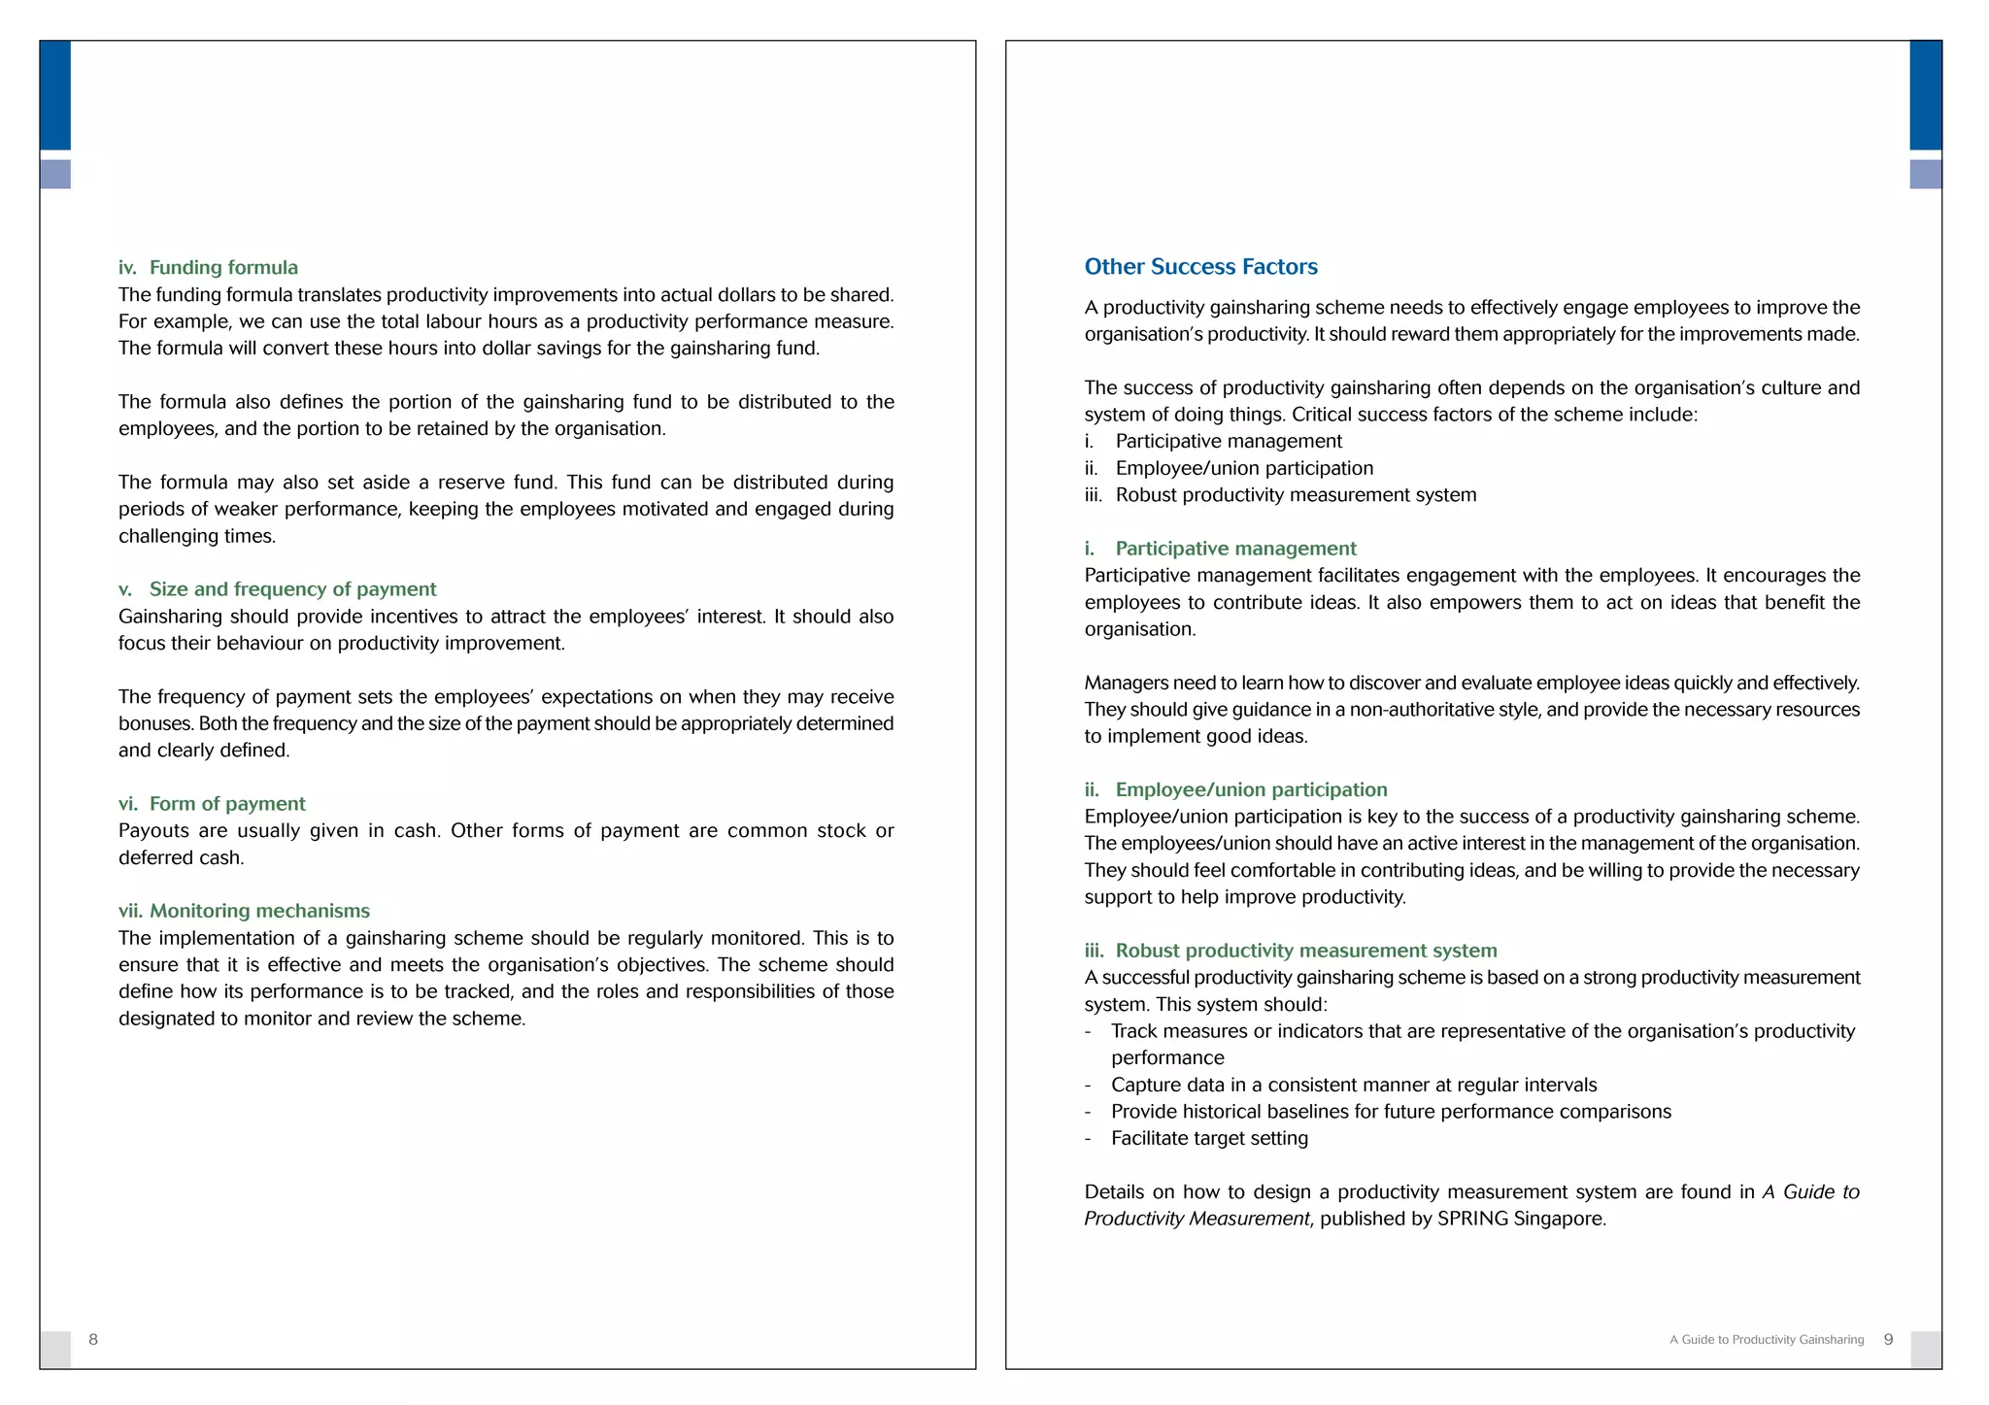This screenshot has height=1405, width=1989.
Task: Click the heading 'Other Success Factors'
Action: (x=1200, y=267)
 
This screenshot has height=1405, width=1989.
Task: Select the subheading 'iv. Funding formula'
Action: (x=209, y=268)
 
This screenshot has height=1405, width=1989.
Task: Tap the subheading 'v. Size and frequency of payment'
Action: (x=278, y=589)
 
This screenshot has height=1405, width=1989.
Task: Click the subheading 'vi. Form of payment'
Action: (x=212, y=804)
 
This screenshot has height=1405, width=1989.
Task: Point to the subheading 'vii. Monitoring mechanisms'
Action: (x=244, y=911)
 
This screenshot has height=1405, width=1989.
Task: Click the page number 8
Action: (x=93, y=1340)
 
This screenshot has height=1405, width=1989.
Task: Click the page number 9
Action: (x=1888, y=1340)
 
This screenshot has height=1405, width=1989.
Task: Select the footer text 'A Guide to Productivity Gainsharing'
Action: (x=1767, y=1340)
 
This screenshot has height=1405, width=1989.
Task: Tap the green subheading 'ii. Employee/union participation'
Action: (x=1236, y=790)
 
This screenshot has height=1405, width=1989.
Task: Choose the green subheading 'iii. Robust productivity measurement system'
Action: (x=1291, y=951)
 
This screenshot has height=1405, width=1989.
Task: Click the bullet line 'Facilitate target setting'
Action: (x=1209, y=1139)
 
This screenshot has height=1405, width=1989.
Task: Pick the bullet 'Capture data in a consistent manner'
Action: (x=1353, y=1086)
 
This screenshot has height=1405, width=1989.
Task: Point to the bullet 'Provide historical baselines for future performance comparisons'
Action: (x=1391, y=1112)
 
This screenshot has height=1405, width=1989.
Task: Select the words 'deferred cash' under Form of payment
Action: (x=180, y=858)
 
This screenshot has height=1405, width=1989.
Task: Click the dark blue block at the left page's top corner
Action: (x=55, y=95)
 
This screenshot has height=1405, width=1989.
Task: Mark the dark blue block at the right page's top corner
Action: (x=1926, y=95)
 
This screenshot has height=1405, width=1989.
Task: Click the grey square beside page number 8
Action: (x=55, y=1350)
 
